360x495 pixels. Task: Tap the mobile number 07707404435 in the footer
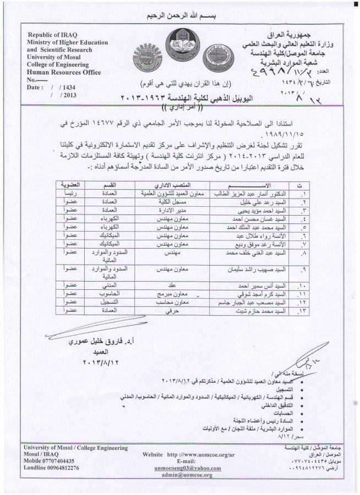(58, 460)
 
